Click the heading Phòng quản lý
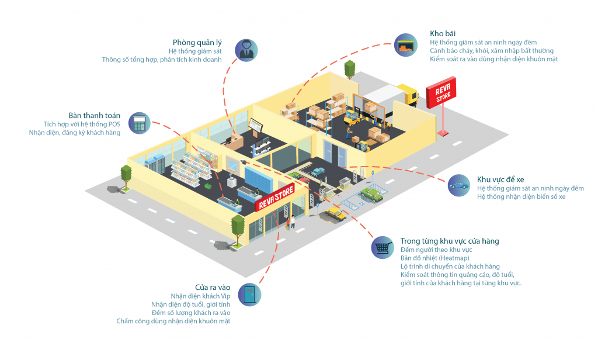click(197, 43)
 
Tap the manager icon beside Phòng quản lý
click(246, 50)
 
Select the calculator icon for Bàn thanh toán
click(140, 123)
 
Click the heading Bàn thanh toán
click(94, 116)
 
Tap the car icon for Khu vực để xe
click(459, 185)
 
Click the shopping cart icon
click(383, 248)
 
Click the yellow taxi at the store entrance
click(335, 214)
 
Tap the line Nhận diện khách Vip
click(199, 296)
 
